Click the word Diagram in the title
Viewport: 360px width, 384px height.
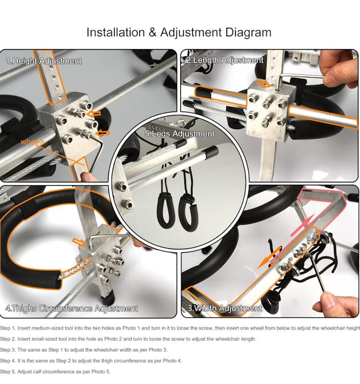click(x=248, y=33)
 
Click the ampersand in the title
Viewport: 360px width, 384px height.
click(x=152, y=32)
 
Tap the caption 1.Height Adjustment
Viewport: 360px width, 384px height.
click(x=44, y=61)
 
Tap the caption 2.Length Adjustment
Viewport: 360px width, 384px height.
click(x=225, y=60)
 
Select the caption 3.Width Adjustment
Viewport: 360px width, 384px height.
click(x=225, y=308)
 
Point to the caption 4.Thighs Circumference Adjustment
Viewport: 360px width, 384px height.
click(x=72, y=308)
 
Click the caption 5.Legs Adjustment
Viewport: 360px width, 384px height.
click(x=180, y=134)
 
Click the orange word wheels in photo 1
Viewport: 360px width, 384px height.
click(x=33, y=142)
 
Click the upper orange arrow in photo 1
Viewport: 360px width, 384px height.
click(x=94, y=113)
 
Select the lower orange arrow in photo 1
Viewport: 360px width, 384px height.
click(x=102, y=133)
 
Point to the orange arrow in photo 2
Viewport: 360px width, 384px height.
click(x=264, y=83)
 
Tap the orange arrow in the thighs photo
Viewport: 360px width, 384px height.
click(x=79, y=242)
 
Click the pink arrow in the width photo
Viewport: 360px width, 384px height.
click(x=303, y=225)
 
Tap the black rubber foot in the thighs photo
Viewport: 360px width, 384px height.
click(x=107, y=298)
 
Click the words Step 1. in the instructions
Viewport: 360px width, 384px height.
click(x=8, y=328)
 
